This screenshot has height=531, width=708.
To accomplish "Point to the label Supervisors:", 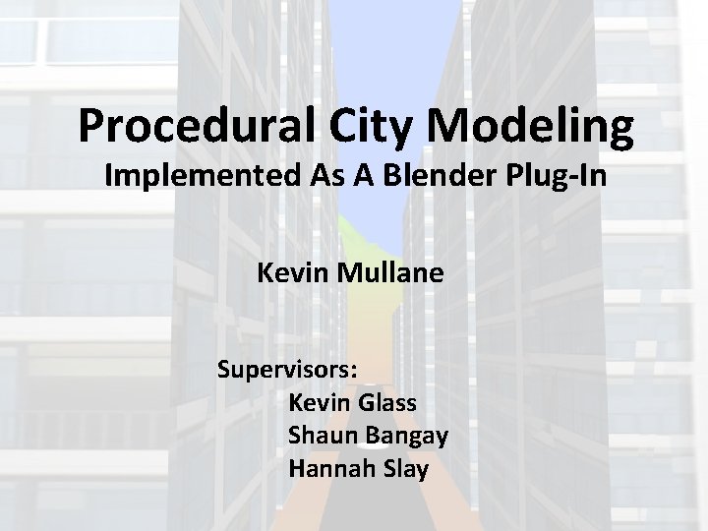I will pyautogui.click(x=288, y=371).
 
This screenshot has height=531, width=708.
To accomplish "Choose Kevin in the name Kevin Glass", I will pyautogui.click(x=321, y=403).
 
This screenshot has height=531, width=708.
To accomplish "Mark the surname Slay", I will pyautogui.click(x=405, y=469).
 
